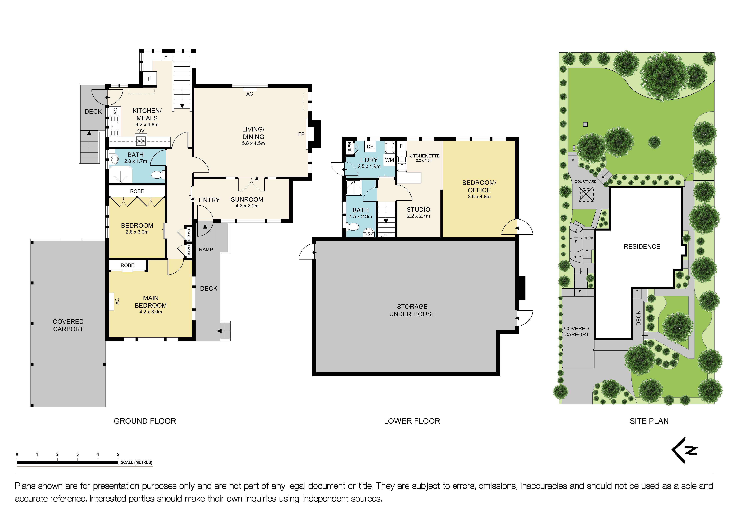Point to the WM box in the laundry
[x=389, y=160]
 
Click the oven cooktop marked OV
[x=141, y=140]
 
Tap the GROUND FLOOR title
[x=145, y=421]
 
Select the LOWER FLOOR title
[x=412, y=421]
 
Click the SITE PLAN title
[x=649, y=421]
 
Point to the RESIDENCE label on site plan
[x=642, y=247]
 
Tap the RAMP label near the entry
[x=206, y=249]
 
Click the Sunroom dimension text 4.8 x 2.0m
[x=247, y=206]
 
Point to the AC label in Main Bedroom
[x=117, y=301]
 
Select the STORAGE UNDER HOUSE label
[x=412, y=310]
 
